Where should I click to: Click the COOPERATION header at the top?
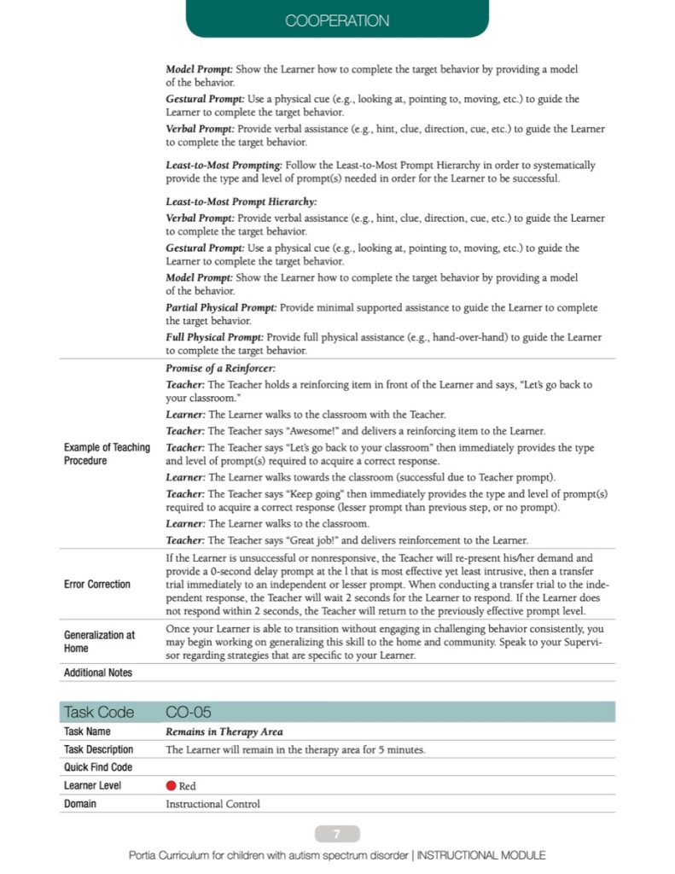(337, 20)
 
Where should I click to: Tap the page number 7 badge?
(337, 834)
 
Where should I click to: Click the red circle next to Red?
(172, 785)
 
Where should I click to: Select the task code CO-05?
(189, 712)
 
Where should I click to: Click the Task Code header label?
(98, 712)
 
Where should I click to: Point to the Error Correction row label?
(97, 585)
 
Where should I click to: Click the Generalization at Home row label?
(100, 641)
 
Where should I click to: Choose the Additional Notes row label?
(98, 673)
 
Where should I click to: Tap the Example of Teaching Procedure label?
(107, 454)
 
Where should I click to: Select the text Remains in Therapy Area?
(224, 731)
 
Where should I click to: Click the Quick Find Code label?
(98, 767)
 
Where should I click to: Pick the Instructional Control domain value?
(212, 803)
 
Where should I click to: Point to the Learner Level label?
(93, 785)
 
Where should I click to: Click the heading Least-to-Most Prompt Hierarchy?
(241, 202)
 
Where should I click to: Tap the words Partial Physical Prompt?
(221, 307)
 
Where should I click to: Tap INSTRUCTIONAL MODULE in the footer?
(481, 855)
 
